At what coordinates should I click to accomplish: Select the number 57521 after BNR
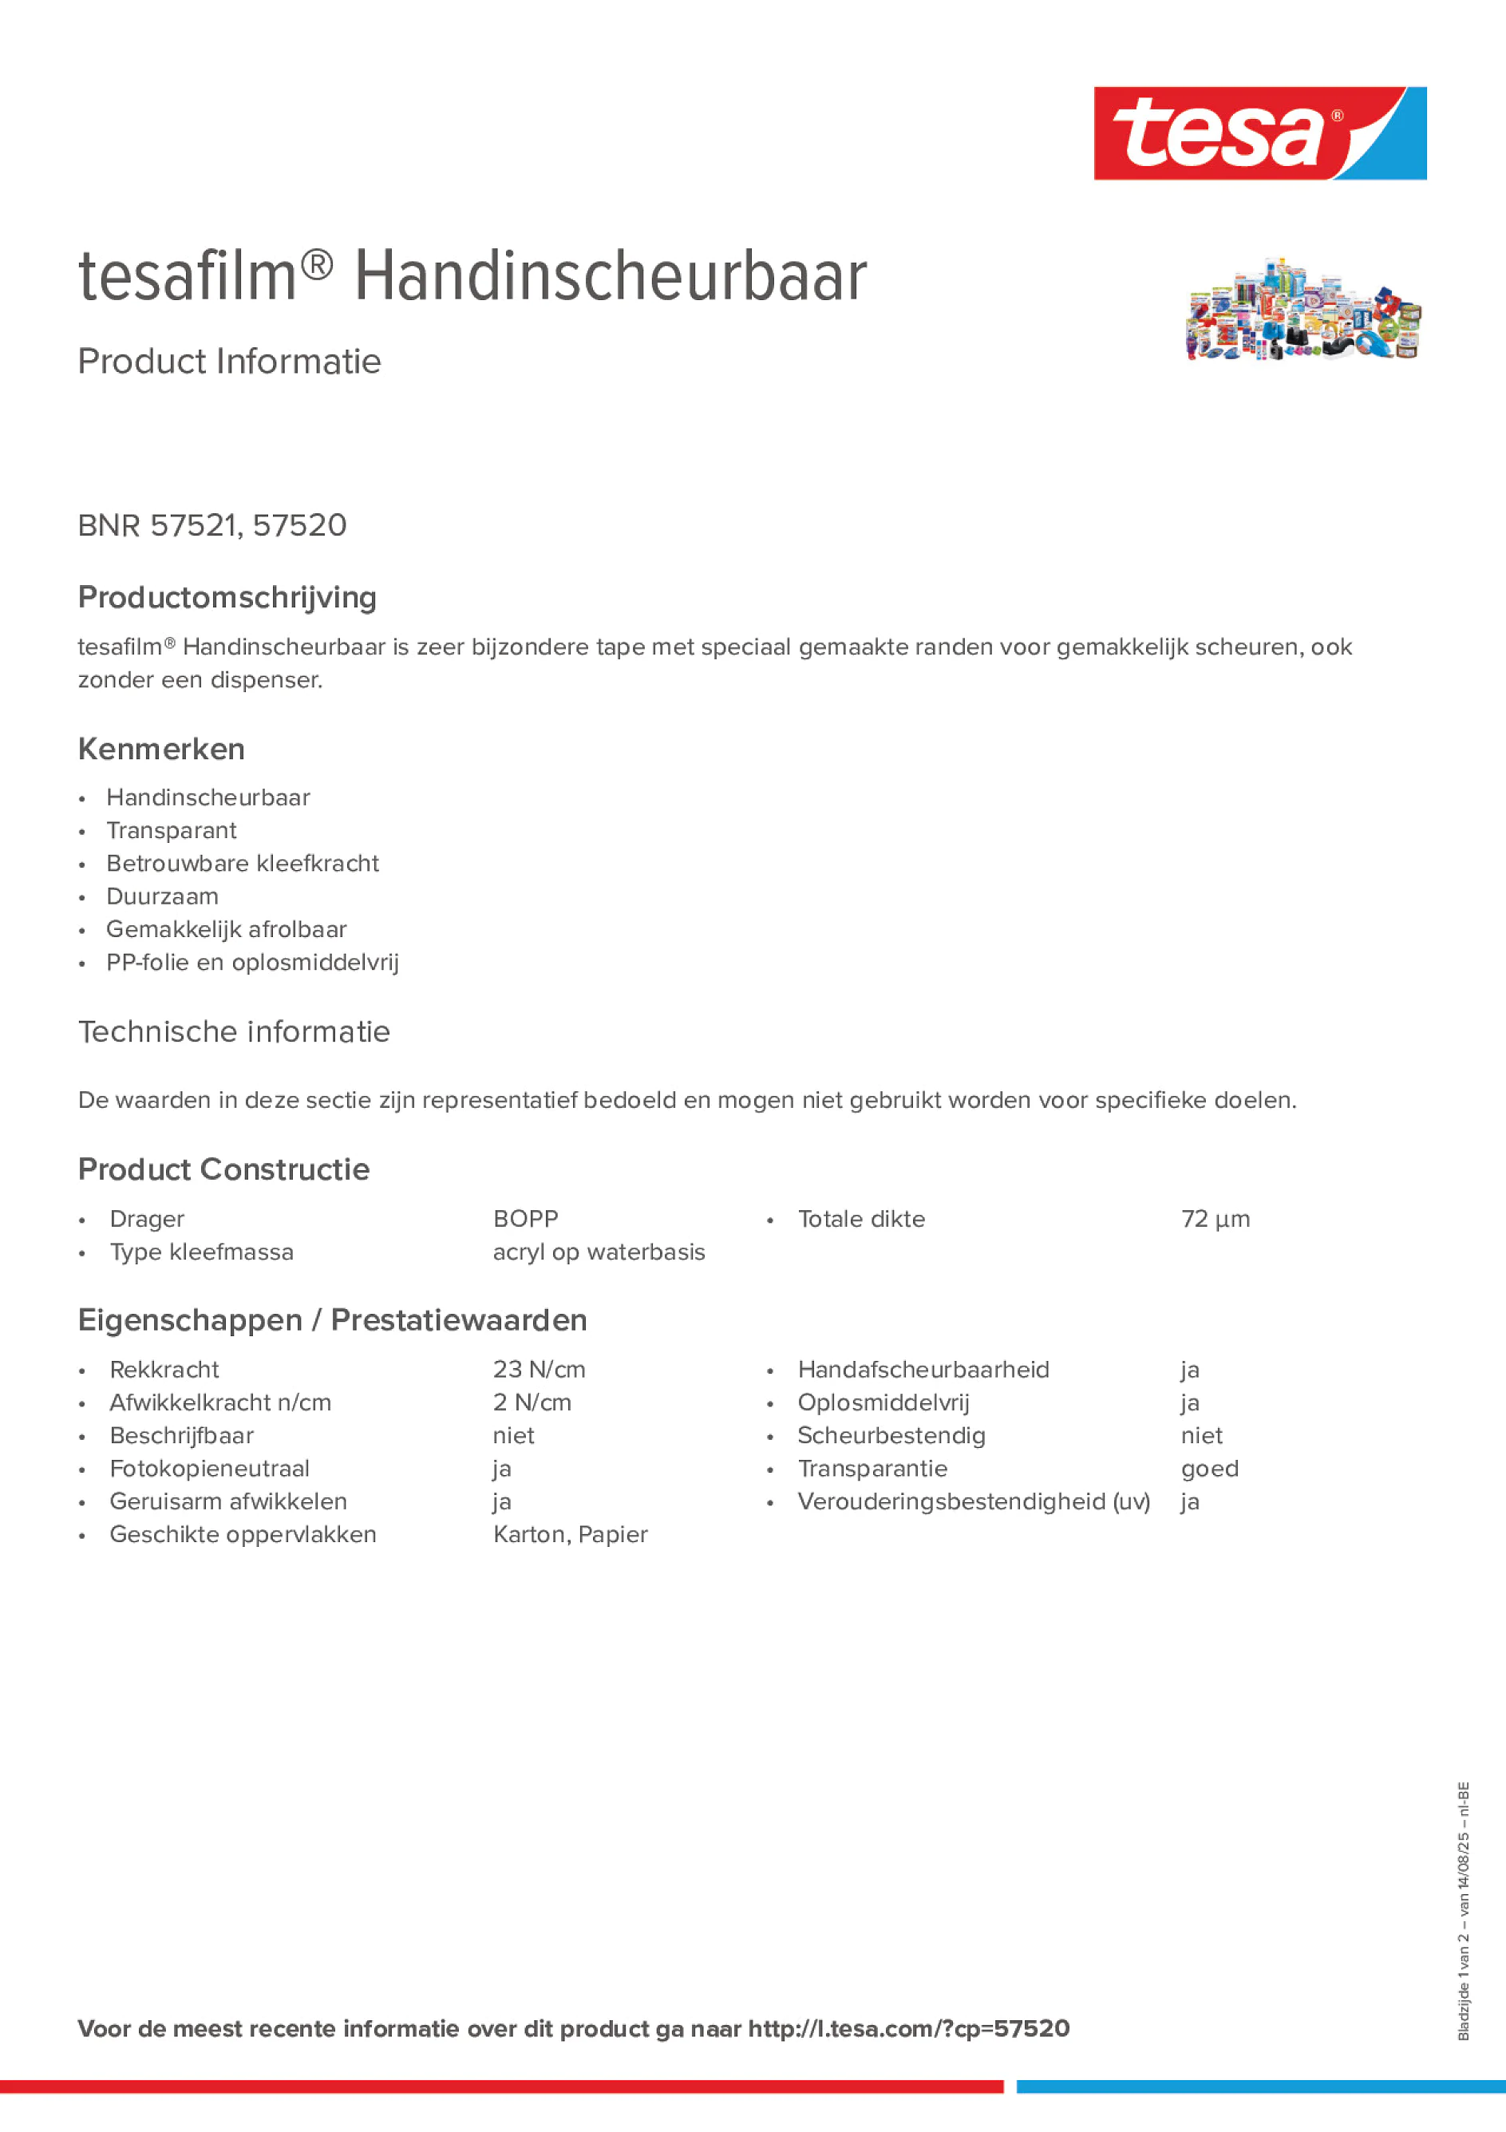click(193, 525)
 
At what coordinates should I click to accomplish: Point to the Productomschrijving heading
click(227, 597)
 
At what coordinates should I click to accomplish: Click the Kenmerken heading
click(161, 749)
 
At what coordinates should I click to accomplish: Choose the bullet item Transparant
click(171, 830)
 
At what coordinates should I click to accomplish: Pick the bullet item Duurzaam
click(163, 896)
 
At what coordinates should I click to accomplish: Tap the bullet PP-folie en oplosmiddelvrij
click(252, 962)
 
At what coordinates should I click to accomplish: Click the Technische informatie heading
click(234, 1031)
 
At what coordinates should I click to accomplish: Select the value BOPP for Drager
click(525, 1218)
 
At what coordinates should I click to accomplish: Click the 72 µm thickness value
click(1215, 1218)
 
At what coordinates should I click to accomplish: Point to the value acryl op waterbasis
click(599, 1252)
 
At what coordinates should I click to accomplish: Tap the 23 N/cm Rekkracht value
click(539, 1369)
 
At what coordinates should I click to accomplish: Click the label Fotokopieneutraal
click(210, 1468)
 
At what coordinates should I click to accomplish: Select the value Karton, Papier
click(570, 1534)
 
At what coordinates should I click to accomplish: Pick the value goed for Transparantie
click(1209, 1468)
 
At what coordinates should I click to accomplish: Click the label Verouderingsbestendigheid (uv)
click(973, 1501)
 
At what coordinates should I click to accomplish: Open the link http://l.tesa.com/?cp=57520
click(908, 2028)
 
